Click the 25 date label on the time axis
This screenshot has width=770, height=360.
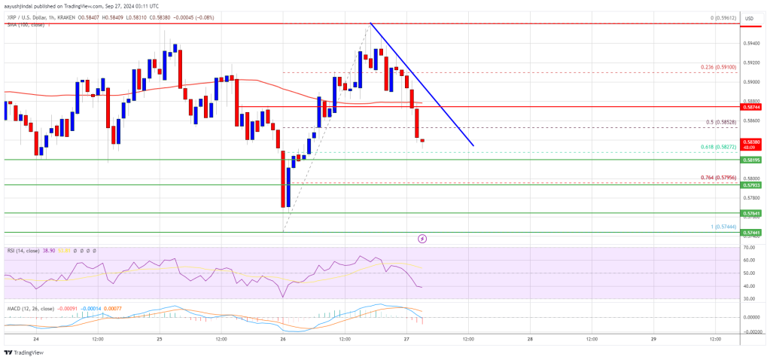coord(159,340)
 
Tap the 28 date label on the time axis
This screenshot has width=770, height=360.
coord(530,340)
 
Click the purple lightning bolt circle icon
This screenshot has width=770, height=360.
coord(422,239)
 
